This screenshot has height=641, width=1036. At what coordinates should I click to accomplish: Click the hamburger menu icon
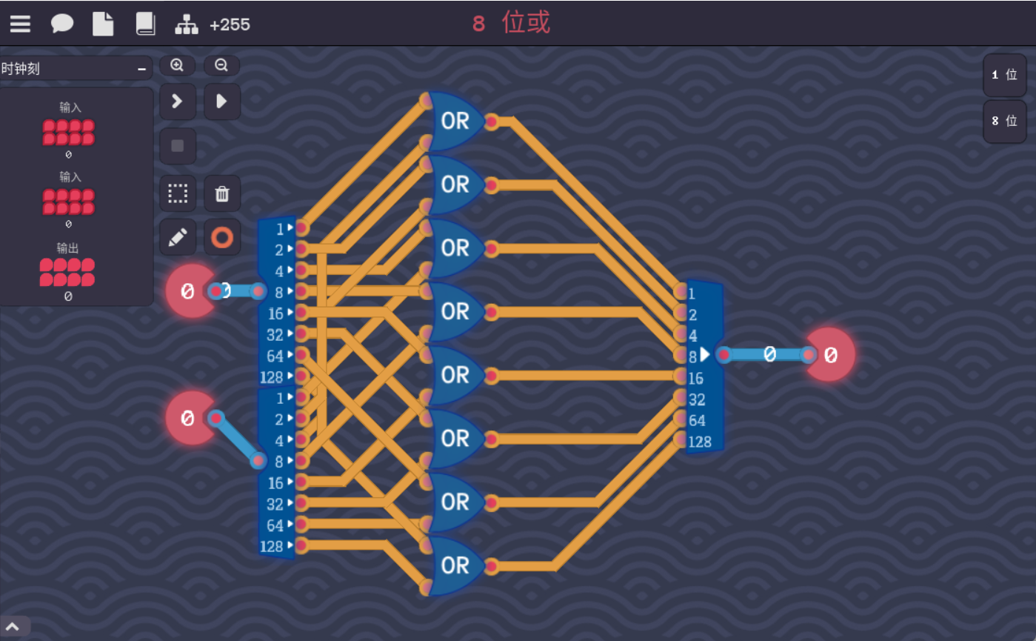coord(20,24)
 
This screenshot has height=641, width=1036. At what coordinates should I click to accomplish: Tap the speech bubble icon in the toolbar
coord(61,24)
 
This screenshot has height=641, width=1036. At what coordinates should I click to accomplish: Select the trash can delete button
coord(221,194)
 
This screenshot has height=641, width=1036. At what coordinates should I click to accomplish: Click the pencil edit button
coord(178,237)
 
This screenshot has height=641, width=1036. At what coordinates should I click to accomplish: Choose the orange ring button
coord(221,237)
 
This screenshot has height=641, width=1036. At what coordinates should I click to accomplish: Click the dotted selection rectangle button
coord(178,194)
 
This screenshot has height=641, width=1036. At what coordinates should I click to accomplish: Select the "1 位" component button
coord(1004,75)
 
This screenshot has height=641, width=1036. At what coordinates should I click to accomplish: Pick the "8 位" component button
coord(1004,121)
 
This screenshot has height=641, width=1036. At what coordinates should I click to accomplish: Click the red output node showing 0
coord(830,355)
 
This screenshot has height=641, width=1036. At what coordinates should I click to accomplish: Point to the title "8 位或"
coord(512,23)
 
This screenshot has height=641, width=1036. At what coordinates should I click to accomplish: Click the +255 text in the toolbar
coord(230,24)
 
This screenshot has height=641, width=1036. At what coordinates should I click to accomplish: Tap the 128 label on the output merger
coord(699,442)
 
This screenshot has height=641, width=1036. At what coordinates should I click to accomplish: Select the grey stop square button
coord(178,146)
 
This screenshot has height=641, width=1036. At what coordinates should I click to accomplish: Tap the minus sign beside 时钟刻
coord(141,69)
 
